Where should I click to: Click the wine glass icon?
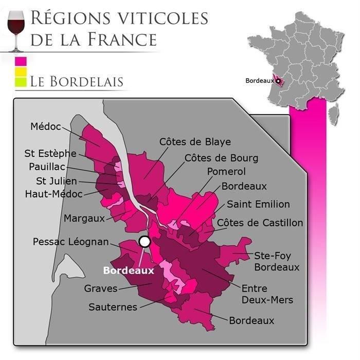(17, 29)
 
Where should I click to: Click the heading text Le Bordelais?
(77, 81)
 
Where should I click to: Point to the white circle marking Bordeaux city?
(145, 241)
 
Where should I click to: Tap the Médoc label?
(46, 126)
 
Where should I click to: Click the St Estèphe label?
(50, 153)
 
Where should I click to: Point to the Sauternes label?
(113, 307)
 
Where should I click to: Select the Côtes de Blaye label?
(195, 141)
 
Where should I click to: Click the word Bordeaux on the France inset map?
(259, 81)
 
